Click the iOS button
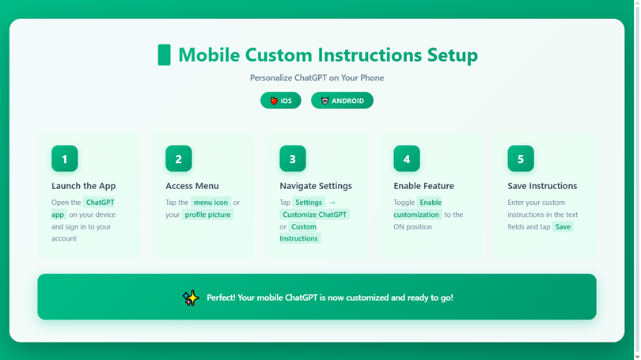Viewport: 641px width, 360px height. tap(280, 100)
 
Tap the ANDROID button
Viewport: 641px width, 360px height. tap(342, 100)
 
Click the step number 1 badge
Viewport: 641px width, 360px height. tap(65, 158)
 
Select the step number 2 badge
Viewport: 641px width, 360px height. tap(179, 158)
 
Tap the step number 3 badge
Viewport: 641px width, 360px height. tap(293, 158)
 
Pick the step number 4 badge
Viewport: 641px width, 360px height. tap(407, 158)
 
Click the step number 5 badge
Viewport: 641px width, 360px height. tap(521, 158)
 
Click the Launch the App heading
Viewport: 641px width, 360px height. tap(83, 186)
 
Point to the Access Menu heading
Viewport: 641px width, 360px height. tap(192, 186)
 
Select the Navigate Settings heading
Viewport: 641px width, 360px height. tap(316, 186)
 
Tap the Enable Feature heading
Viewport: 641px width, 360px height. tap(423, 186)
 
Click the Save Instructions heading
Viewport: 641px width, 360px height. tap(542, 186)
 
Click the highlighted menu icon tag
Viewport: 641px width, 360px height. tap(211, 203)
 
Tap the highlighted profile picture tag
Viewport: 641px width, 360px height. tap(207, 214)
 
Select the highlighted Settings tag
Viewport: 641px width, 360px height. tap(309, 203)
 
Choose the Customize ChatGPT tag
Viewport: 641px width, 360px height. tap(314, 214)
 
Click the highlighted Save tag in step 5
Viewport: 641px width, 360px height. tap(563, 227)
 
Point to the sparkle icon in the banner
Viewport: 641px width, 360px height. tap(191, 297)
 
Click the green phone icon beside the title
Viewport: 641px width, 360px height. tap(165, 55)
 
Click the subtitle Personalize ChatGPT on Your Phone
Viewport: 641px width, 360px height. tap(317, 78)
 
